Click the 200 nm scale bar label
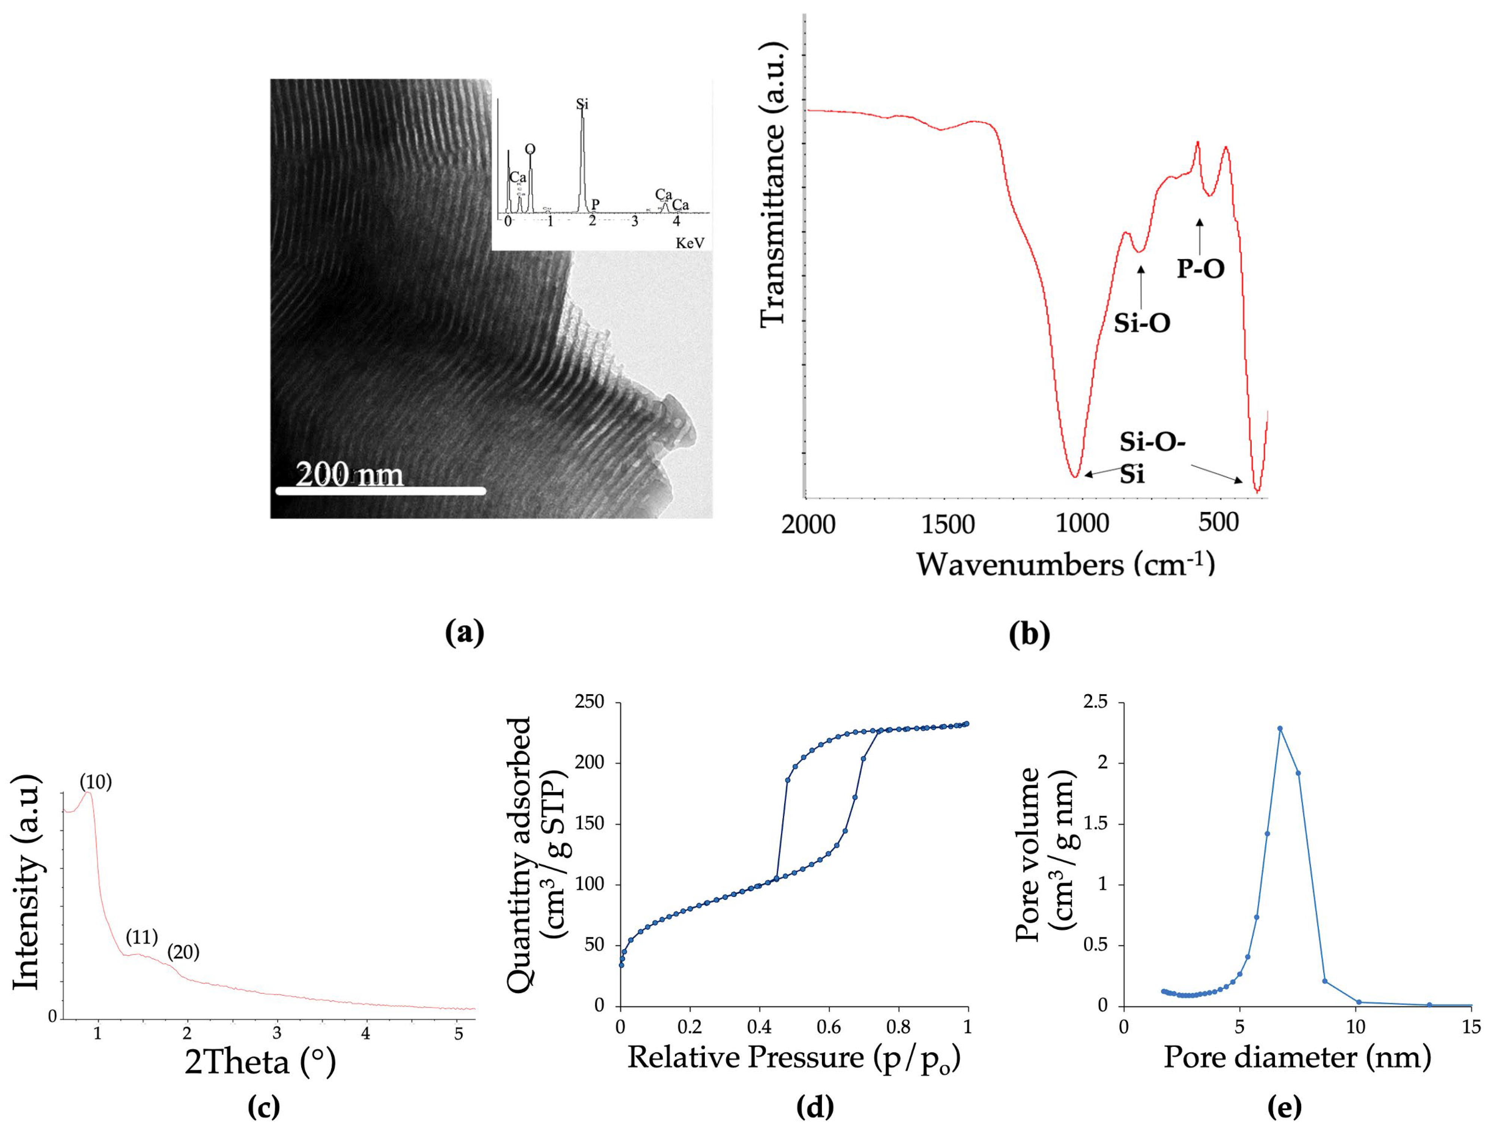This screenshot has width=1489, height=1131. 349,475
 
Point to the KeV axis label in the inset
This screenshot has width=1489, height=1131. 690,243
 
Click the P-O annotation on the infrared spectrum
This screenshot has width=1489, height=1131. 1201,269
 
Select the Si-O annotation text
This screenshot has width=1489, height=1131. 1141,323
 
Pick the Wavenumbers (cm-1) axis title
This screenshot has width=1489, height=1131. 1065,564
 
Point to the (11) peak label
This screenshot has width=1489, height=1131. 141,937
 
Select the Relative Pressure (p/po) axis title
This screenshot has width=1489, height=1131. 794,1057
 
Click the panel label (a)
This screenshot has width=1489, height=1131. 465,633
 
